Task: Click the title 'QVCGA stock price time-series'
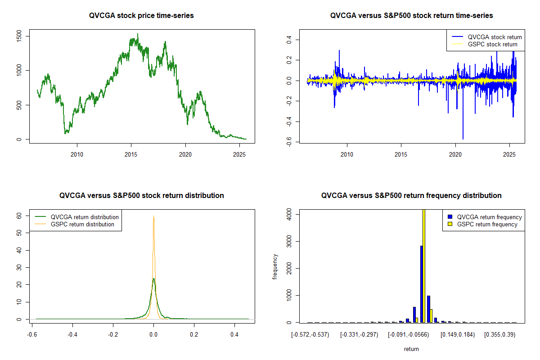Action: (x=142, y=16)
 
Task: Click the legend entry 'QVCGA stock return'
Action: (x=495, y=37)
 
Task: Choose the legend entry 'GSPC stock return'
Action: (x=492, y=44)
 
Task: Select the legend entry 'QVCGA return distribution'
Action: (x=85, y=217)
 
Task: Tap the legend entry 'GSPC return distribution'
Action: (x=82, y=224)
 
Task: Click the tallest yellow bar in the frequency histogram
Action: (x=423, y=265)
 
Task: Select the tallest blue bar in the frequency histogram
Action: (x=421, y=283)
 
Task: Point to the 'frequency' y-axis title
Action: (x=275, y=266)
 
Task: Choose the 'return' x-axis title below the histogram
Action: (x=411, y=349)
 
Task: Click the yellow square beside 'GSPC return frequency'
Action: (x=451, y=224)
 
